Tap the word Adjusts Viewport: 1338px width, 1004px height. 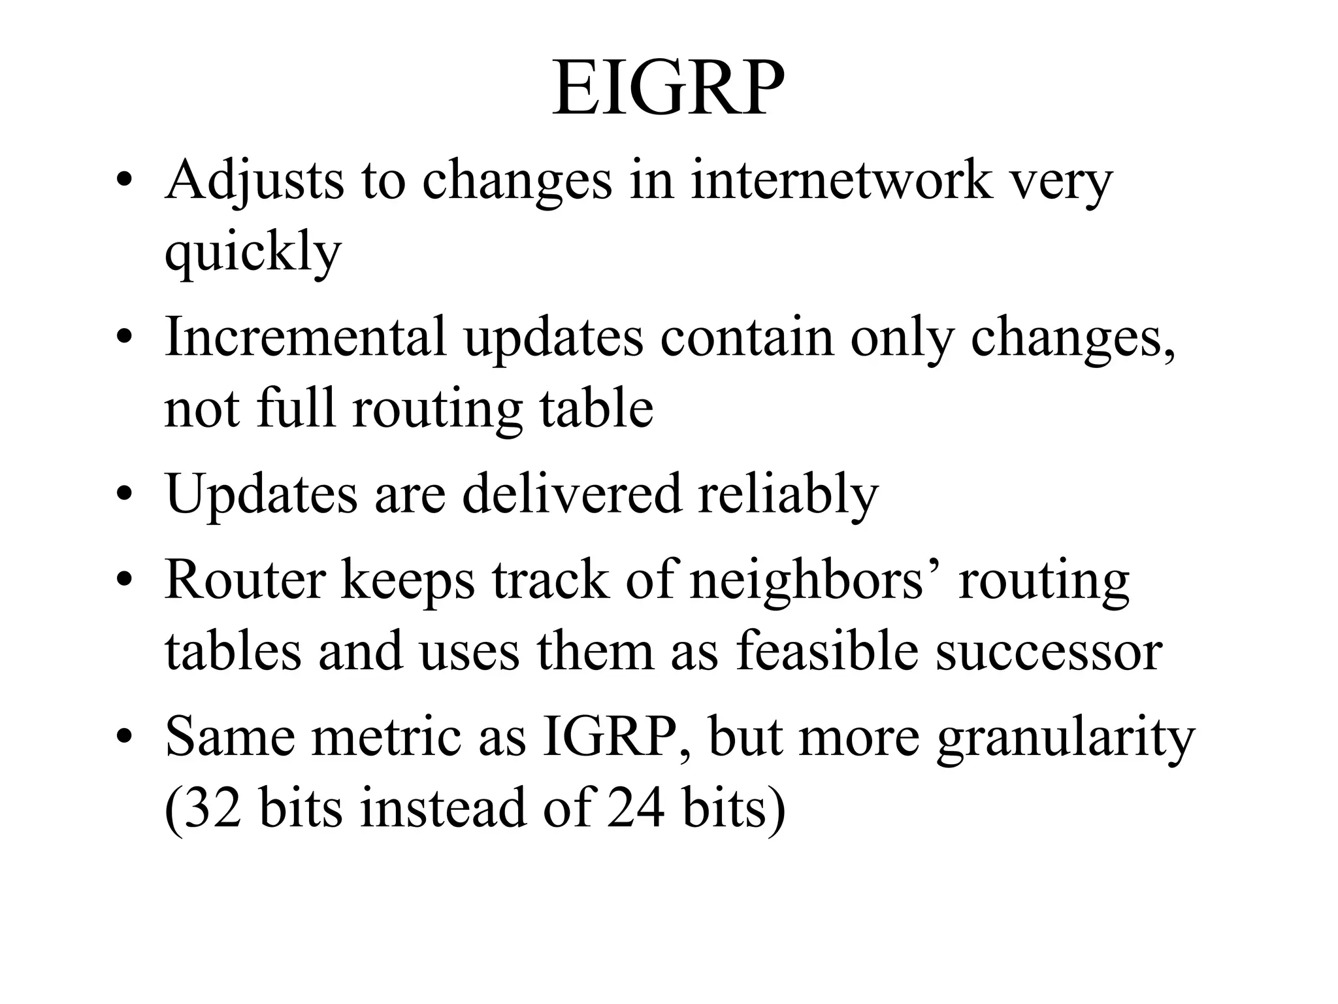click(254, 180)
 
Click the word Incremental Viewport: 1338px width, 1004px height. click(306, 337)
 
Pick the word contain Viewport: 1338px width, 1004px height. click(747, 337)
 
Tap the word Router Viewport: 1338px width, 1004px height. click(245, 580)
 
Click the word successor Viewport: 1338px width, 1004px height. click(1049, 652)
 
